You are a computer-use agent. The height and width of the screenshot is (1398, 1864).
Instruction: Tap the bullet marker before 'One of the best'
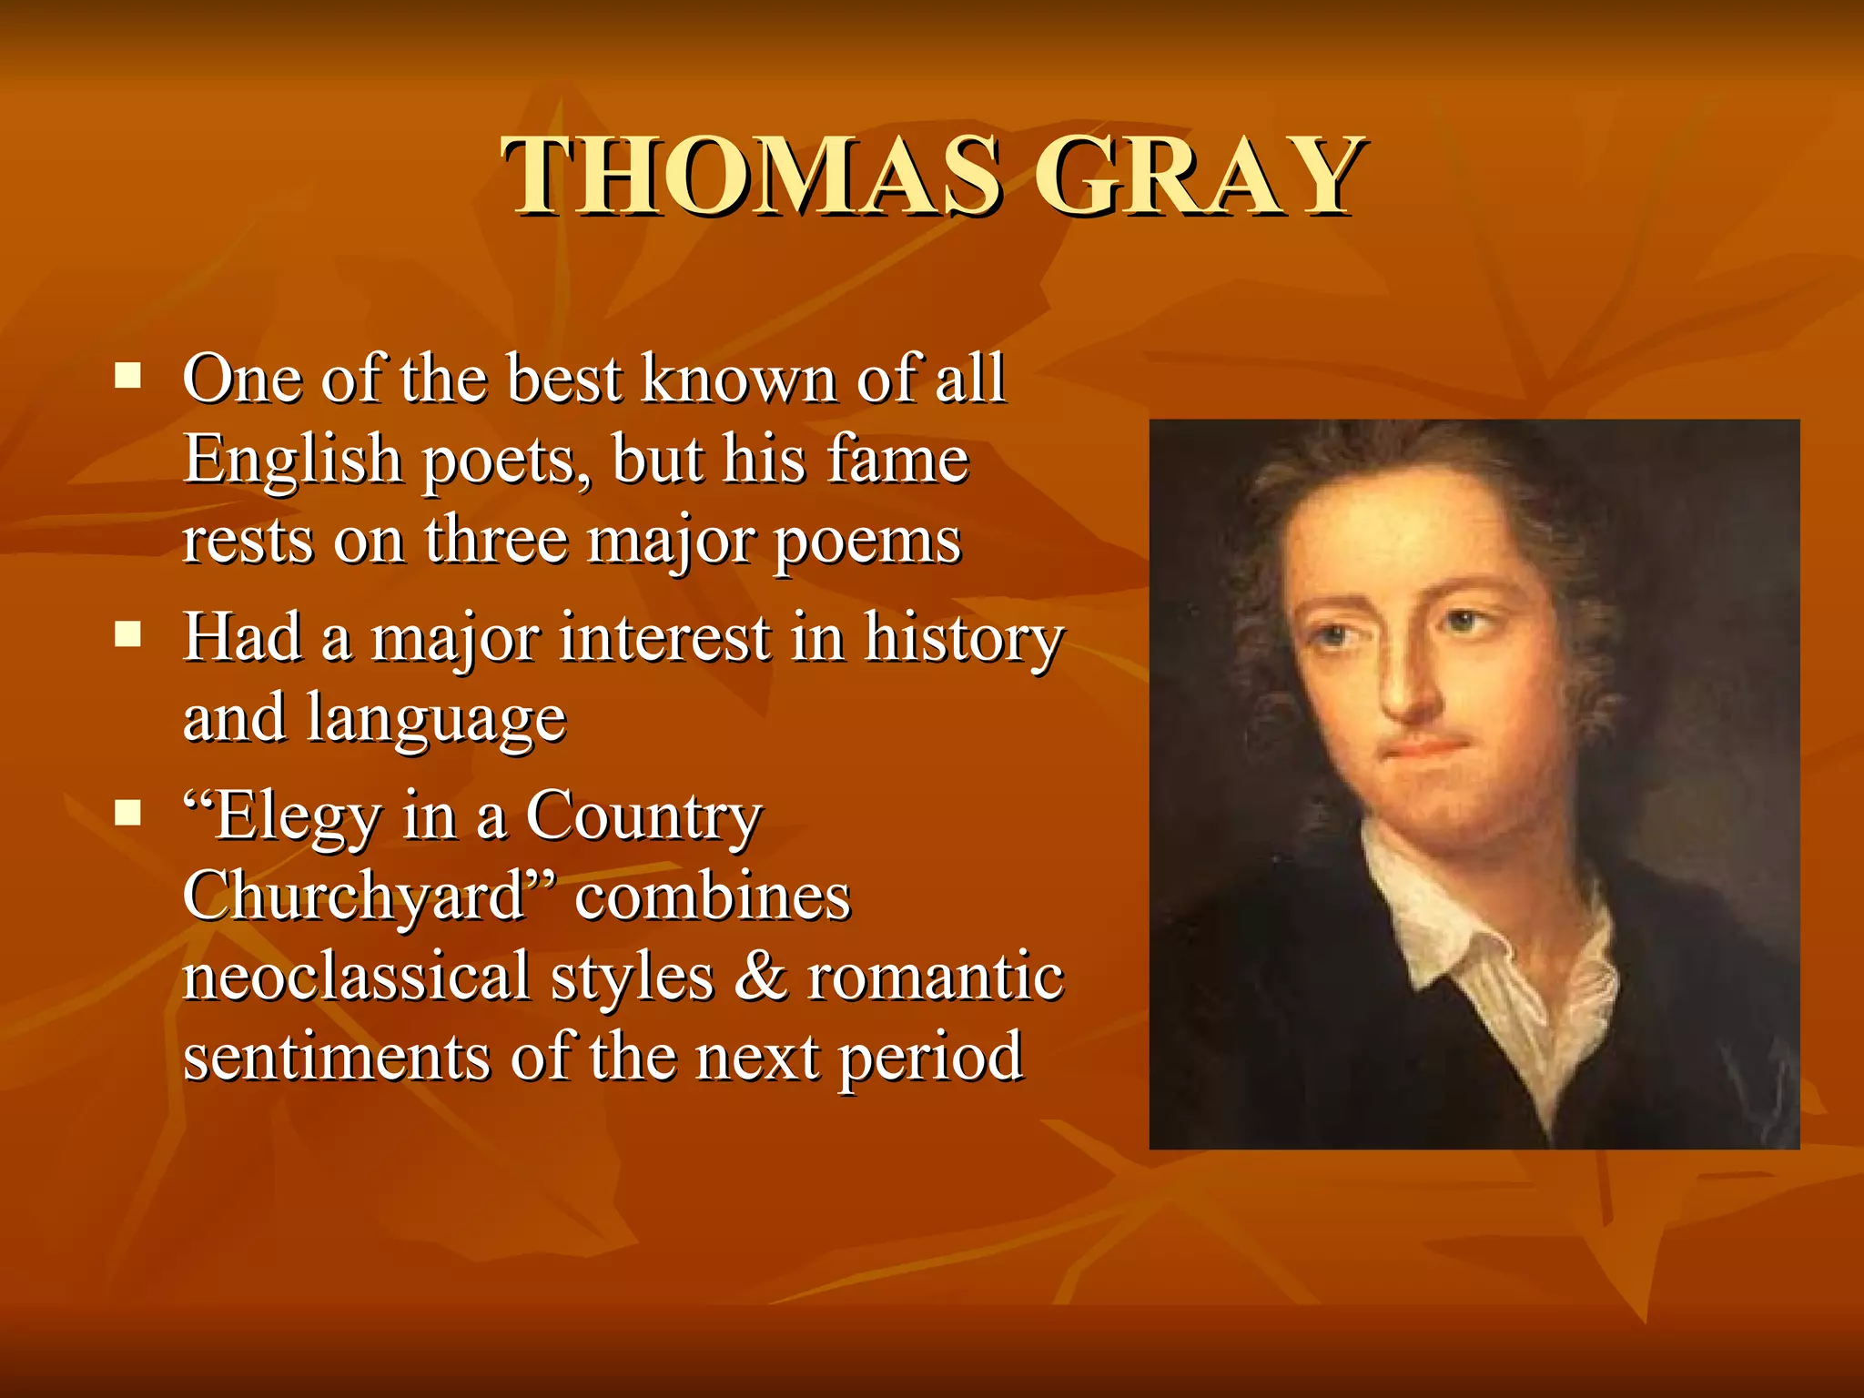coord(128,375)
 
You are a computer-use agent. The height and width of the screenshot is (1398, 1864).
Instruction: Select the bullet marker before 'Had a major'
coord(128,633)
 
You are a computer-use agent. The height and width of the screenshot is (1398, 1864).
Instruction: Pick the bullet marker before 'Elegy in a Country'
coord(128,811)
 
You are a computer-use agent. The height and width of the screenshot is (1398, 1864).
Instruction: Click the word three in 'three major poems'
coord(496,540)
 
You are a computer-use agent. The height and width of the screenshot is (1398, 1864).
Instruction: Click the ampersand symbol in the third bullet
coord(760,976)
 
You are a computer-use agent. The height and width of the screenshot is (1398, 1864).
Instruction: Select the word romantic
coord(936,976)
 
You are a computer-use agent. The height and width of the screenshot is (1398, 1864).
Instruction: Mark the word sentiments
coord(337,1057)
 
